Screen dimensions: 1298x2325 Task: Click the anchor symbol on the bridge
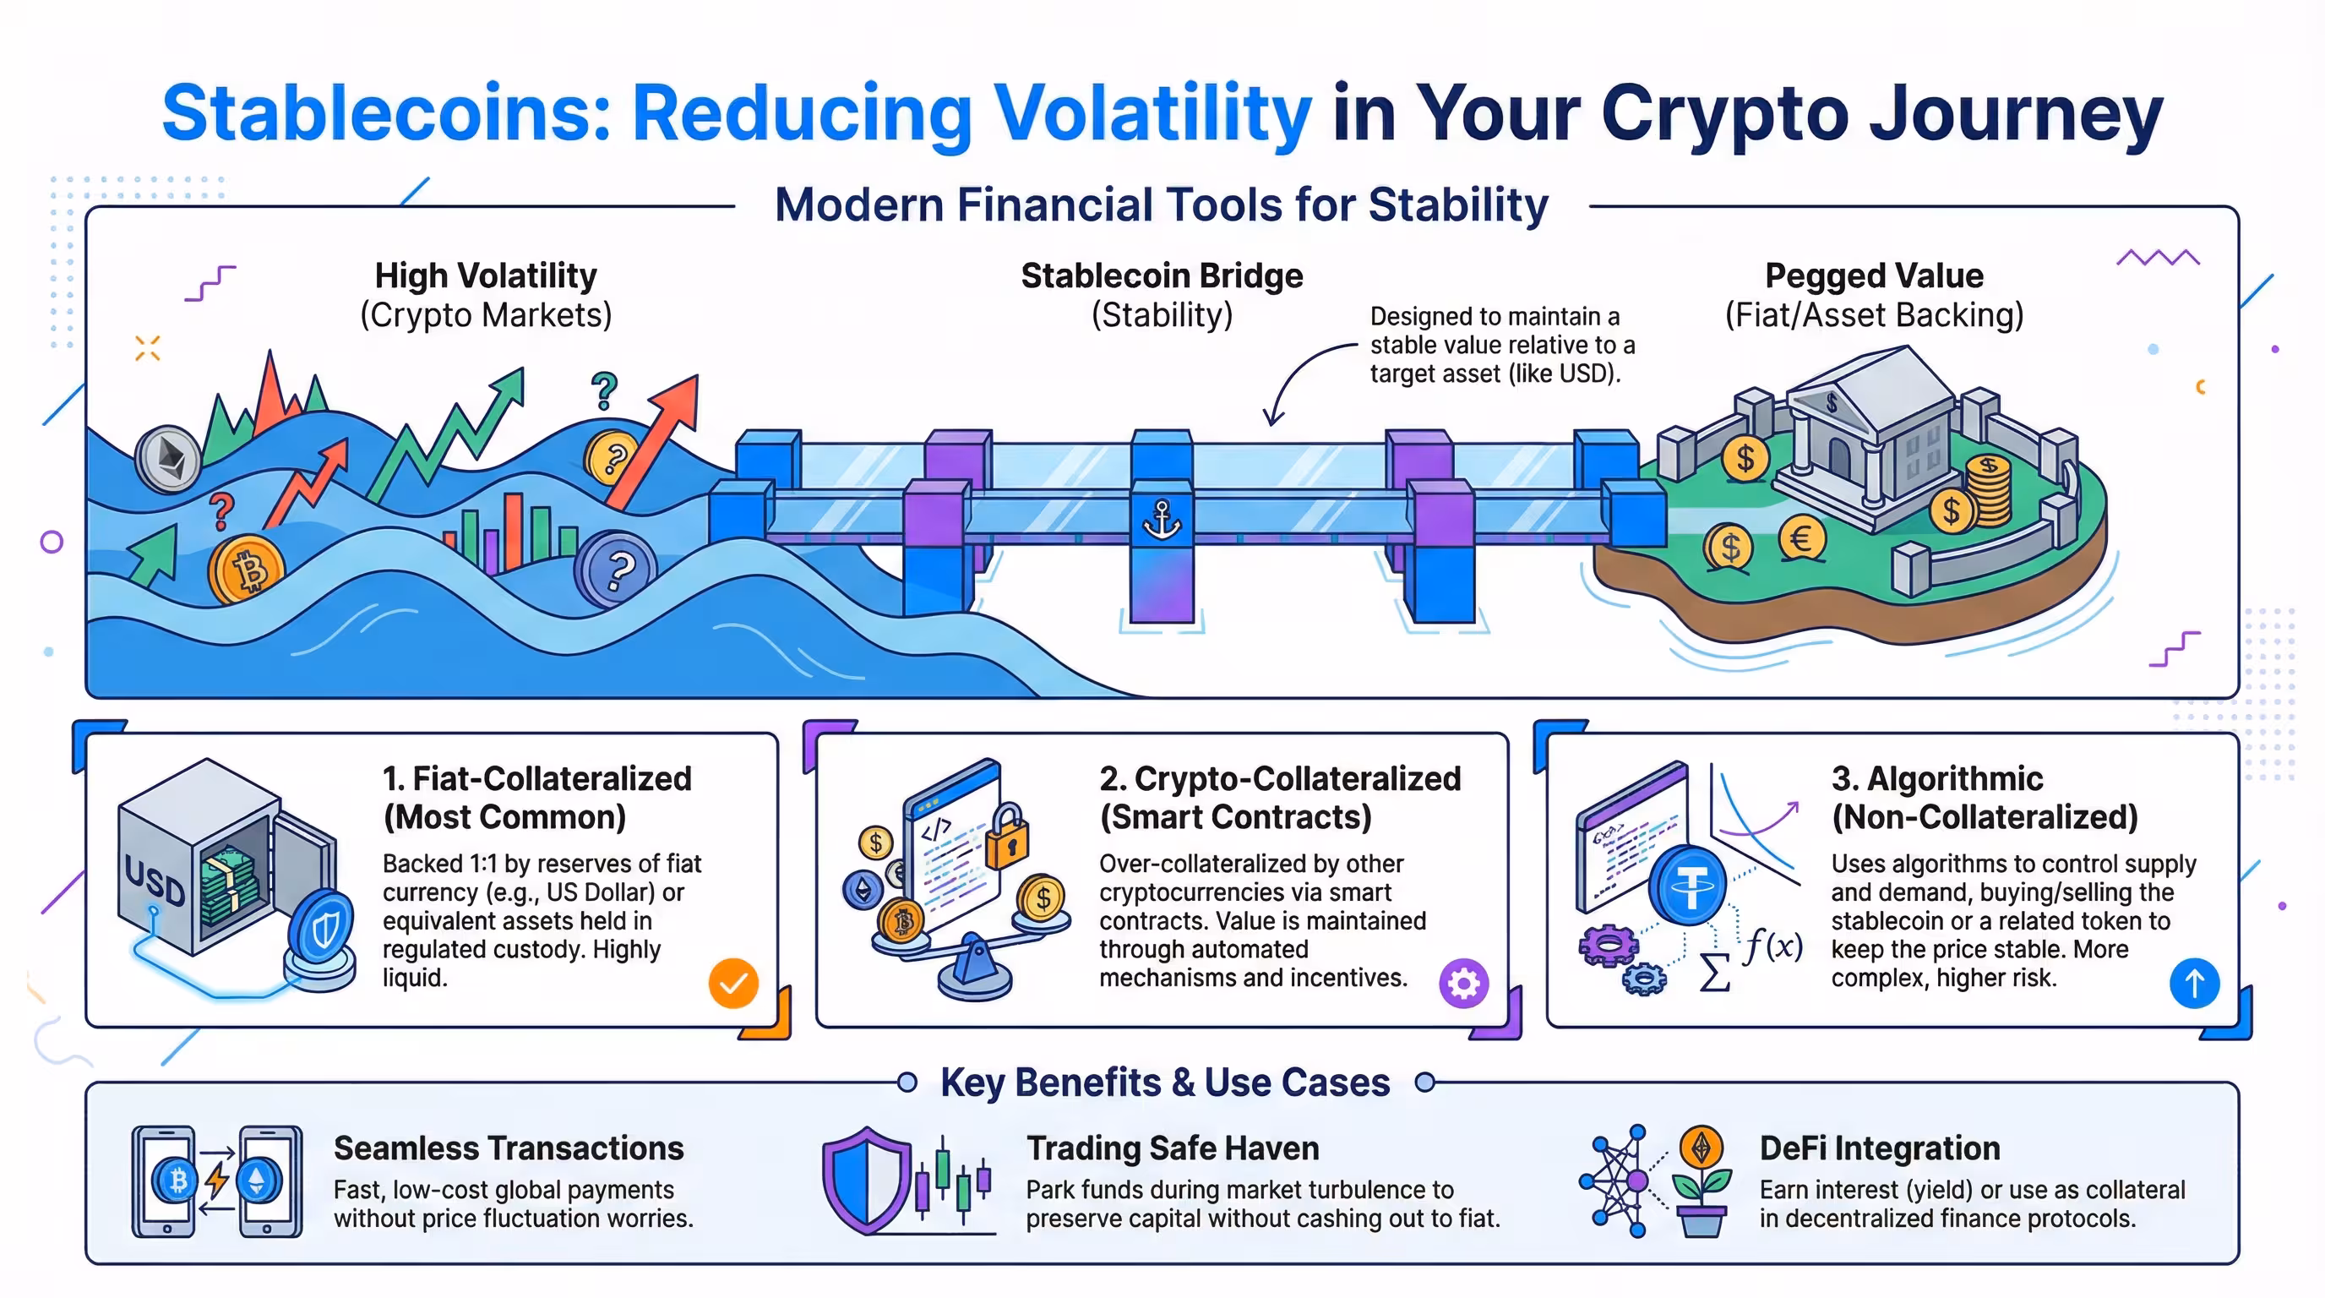(1162, 520)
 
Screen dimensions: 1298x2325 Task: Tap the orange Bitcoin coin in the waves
(247, 569)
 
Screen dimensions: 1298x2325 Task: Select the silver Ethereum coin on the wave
(169, 459)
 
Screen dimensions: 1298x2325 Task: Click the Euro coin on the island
(1801, 539)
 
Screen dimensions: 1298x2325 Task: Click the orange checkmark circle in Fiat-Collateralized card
(732, 983)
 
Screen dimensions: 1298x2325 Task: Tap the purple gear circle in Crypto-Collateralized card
(1463, 983)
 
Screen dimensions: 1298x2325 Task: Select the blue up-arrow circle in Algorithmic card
(2194, 983)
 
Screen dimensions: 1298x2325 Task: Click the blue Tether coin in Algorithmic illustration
(1688, 885)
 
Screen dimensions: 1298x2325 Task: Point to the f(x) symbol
(1772, 946)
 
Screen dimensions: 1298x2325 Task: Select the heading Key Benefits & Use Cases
(1164, 1083)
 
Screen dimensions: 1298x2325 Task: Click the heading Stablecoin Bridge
(1162, 275)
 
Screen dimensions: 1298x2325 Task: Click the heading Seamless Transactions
(508, 1148)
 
